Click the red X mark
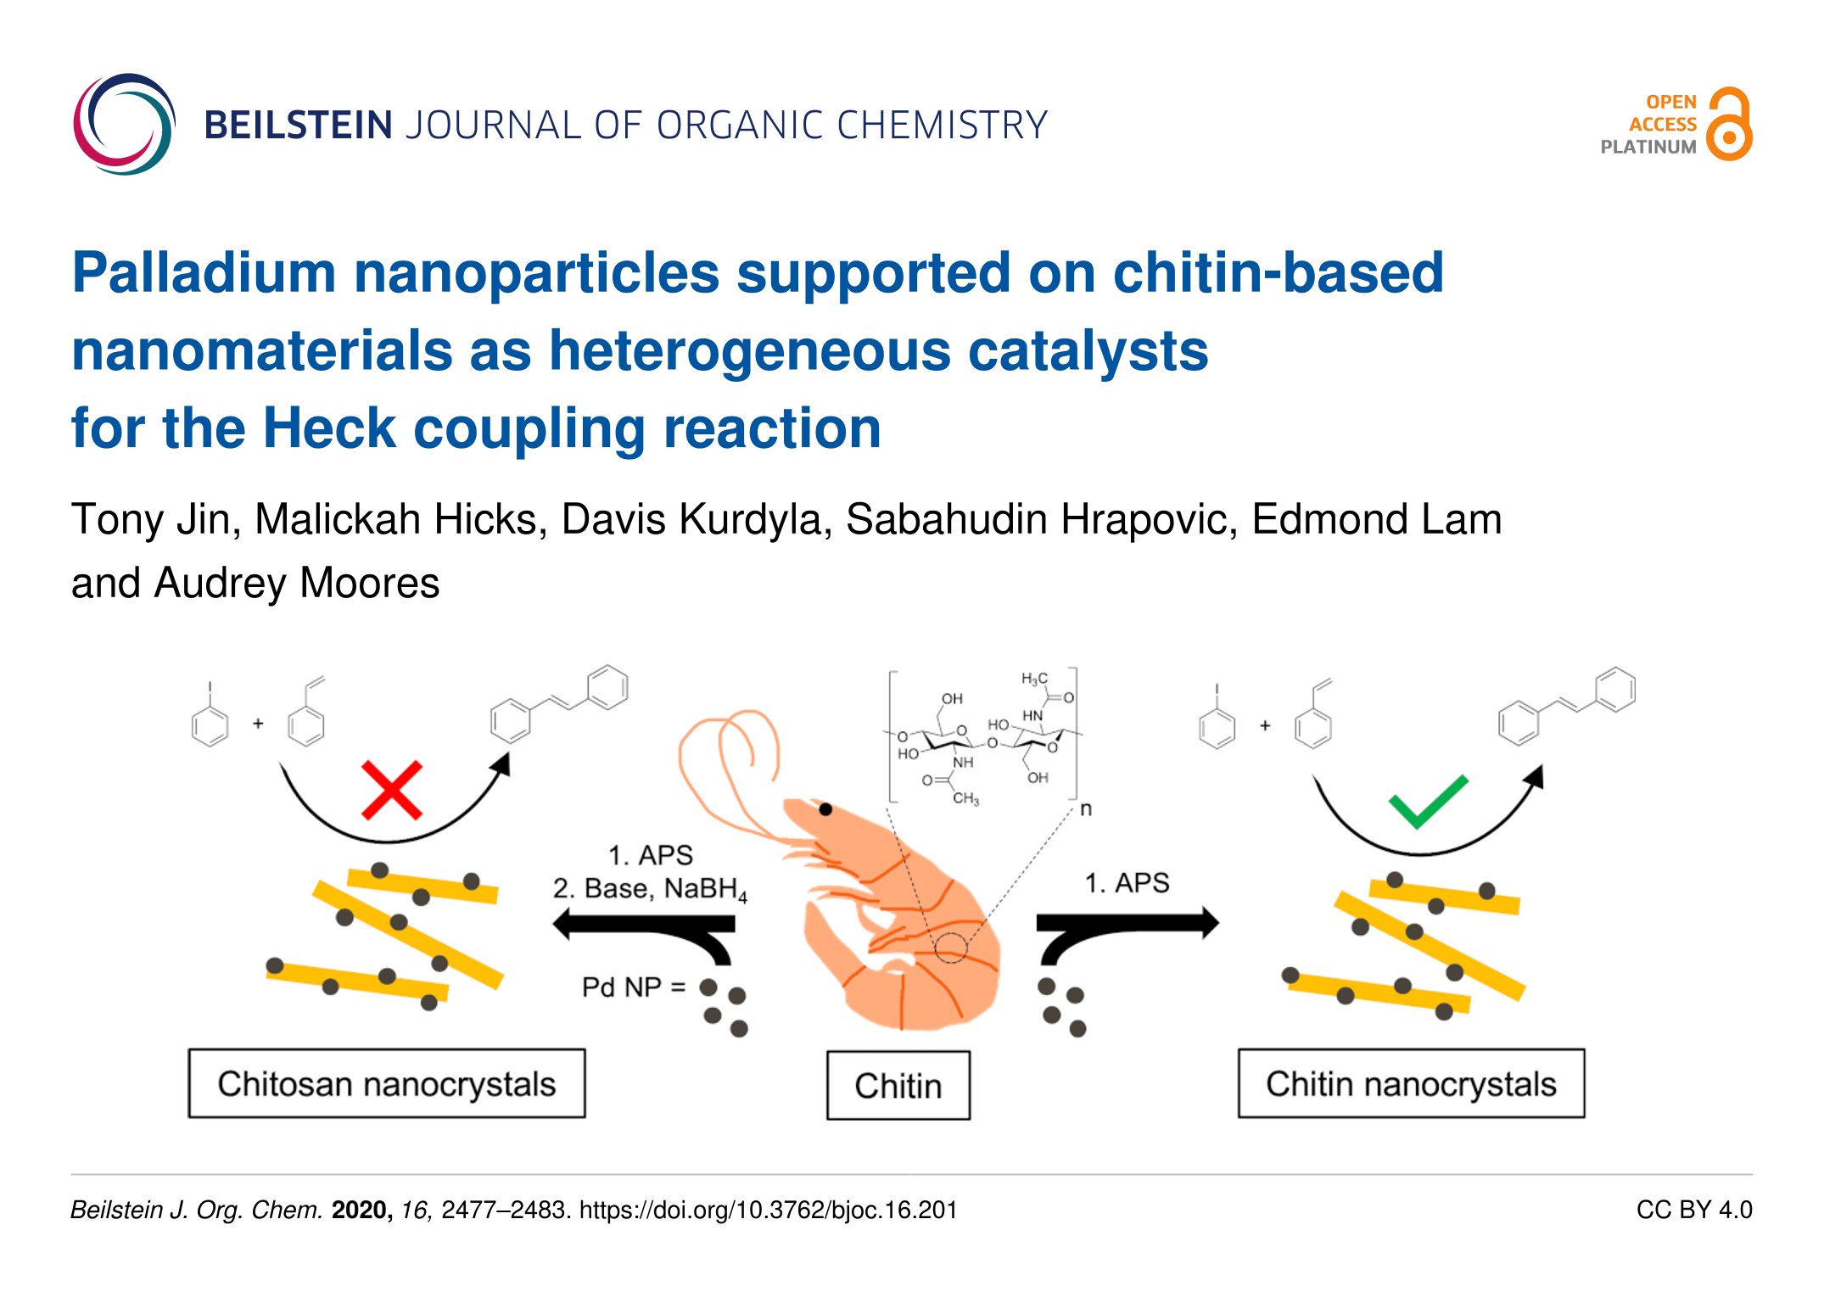(x=392, y=791)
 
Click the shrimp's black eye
(x=825, y=809)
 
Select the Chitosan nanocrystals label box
(x=387, y=1083)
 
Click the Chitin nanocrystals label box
(x=1411, y=1083)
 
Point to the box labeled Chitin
(x=898, y=1085)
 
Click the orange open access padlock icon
(x=1729, y=124)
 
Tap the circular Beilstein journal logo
(x=124, y=124)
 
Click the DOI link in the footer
(x=769, y=1210)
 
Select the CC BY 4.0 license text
(x=1694, y=1210)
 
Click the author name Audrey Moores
(x=297, y=584)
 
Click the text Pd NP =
(x=633, y=987)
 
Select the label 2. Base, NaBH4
(x=650, y=889)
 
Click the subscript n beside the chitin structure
(x=1086, y=810)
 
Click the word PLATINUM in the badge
(x=1648, y=147)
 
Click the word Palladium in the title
(x=204, y=273)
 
